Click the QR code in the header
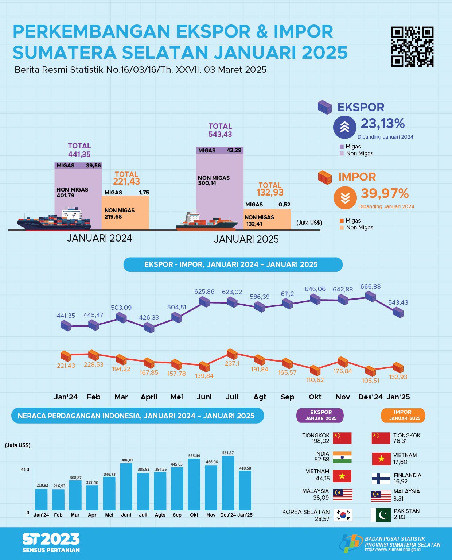412,47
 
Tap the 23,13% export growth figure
382,124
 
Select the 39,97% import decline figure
385,193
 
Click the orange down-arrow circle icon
345,198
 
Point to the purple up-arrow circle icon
344,127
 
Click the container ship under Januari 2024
54,220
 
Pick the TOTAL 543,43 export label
220,130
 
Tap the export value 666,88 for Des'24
370,287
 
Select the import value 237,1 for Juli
232,363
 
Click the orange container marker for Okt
315,371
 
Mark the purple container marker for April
149,327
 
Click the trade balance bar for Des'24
228,483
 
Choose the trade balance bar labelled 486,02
126,486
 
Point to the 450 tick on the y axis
25,470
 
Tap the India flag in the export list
342,457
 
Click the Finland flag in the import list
381,478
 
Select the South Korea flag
343,515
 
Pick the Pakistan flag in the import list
381,515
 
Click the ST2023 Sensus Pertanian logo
51,542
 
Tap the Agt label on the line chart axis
260,397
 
